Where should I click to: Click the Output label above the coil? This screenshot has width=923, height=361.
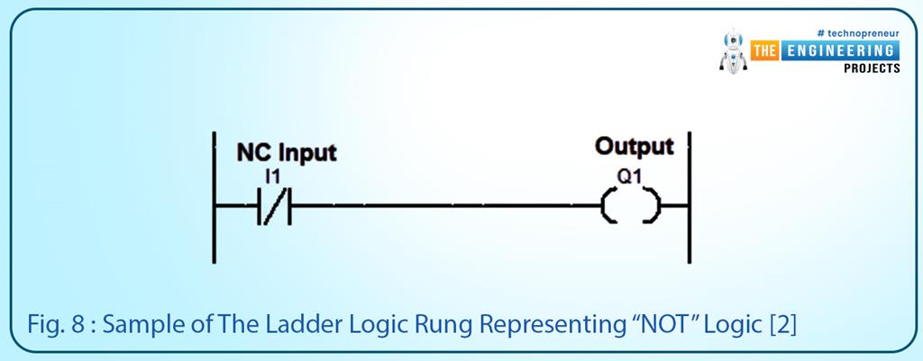[635, 147]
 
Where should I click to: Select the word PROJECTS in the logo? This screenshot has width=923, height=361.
[871, 68]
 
